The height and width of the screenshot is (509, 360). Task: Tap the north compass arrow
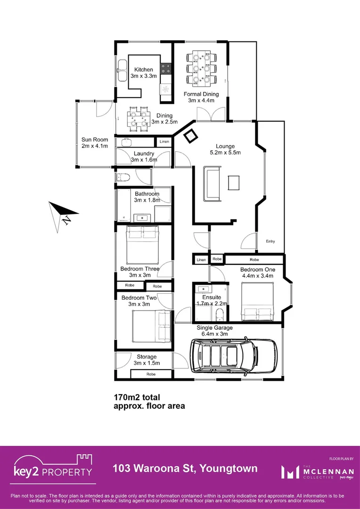[60, 214]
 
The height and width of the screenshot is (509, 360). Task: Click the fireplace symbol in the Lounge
[191, 136]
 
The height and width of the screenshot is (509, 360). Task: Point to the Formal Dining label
[201, 97]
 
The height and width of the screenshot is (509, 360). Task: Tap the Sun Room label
[95, 142]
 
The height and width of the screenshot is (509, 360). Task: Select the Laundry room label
[144, 156]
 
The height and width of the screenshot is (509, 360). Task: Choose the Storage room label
[147, 360]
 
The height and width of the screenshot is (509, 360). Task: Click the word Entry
[270, 241]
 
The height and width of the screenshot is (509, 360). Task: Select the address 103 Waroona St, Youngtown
[185, 468]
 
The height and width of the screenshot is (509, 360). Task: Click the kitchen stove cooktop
[165, 70]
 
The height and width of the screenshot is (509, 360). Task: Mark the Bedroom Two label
[139, 301]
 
